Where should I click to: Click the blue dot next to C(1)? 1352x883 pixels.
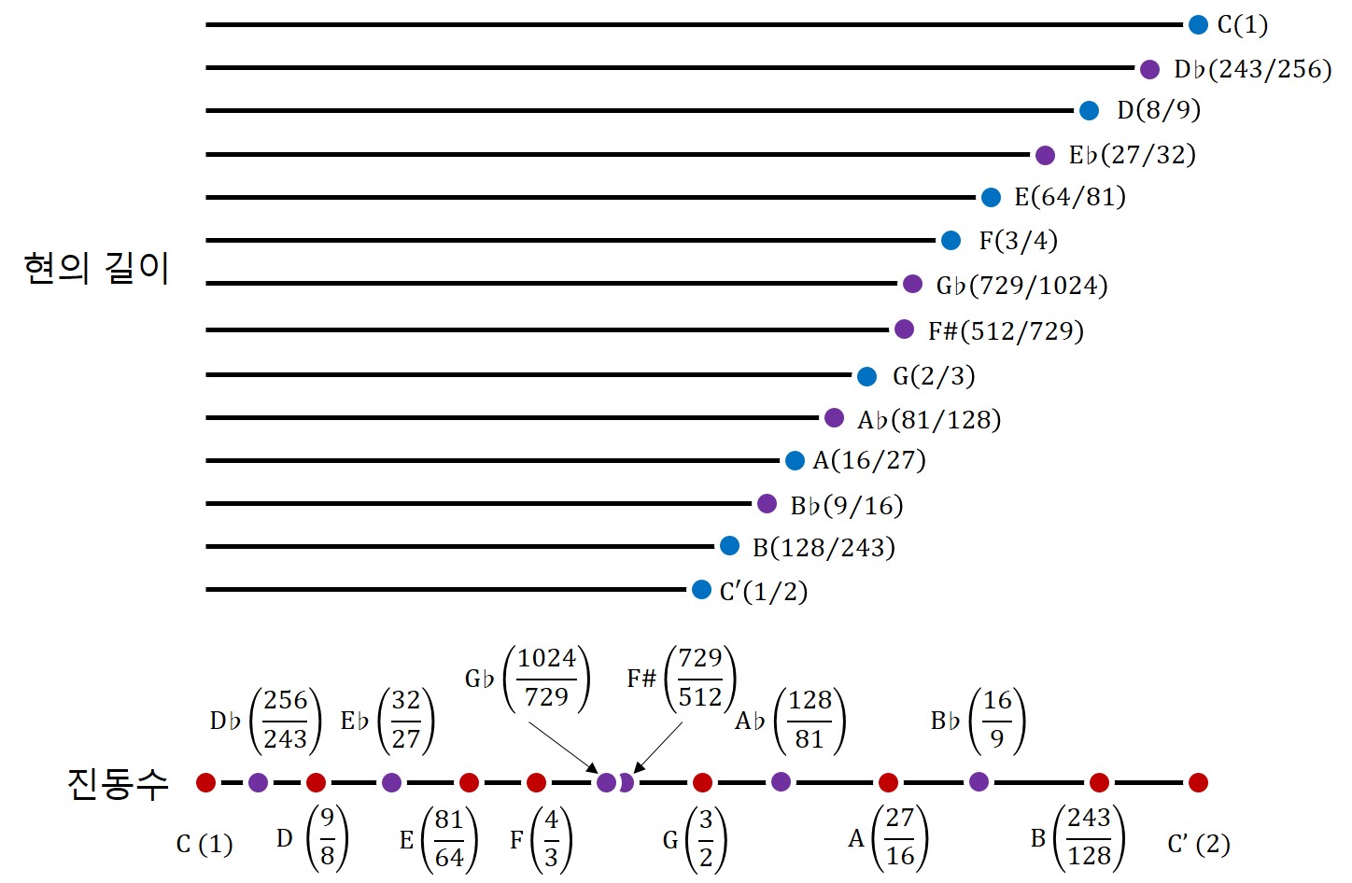click(1198, 25)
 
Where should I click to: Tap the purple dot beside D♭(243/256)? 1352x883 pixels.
click(1149, 69)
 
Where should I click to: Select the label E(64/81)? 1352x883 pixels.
click(1070, 197)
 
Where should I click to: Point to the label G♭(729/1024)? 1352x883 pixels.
click(1021, 286)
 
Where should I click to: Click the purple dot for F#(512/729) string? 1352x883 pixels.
click(904, 329)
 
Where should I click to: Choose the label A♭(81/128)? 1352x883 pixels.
click(929, 420)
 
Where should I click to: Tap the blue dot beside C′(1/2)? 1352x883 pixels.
click(701, 590)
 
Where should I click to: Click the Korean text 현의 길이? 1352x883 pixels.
click(96, 268)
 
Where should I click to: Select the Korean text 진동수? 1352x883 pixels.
click(118, 783)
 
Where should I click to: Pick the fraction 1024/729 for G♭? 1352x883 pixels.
click(547, 678)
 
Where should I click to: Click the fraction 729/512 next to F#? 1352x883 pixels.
click(700, 678)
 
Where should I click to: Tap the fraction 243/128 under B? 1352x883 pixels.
click(1089, 837)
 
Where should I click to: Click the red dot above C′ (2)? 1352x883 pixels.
click(1198, 782)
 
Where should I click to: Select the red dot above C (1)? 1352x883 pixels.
click(206, 782)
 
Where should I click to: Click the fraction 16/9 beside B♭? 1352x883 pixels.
click(997, 720)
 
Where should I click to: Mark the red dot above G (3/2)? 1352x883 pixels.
click(703, 782)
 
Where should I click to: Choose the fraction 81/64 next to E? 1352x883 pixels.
click(449, 838)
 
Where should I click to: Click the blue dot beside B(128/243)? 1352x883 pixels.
click(729, 546)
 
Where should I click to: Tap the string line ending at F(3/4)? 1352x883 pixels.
click(570, 241)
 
